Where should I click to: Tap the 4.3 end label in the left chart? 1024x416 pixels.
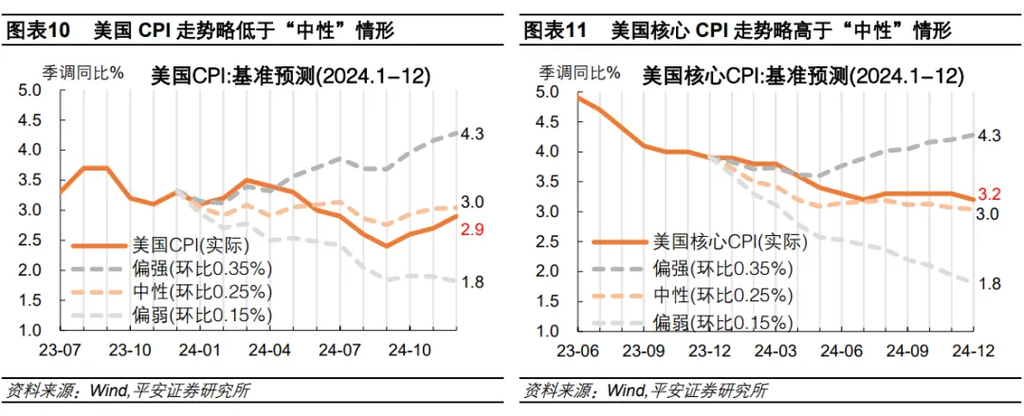(473, 135)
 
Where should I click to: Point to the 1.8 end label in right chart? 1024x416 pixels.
(989, 281)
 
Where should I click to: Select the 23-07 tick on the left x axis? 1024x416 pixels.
(60, 348)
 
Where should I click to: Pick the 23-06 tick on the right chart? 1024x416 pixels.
(577, 348)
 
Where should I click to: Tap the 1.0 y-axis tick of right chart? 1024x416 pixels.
(547, 332)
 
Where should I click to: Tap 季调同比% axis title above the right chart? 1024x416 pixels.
(575, 71)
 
